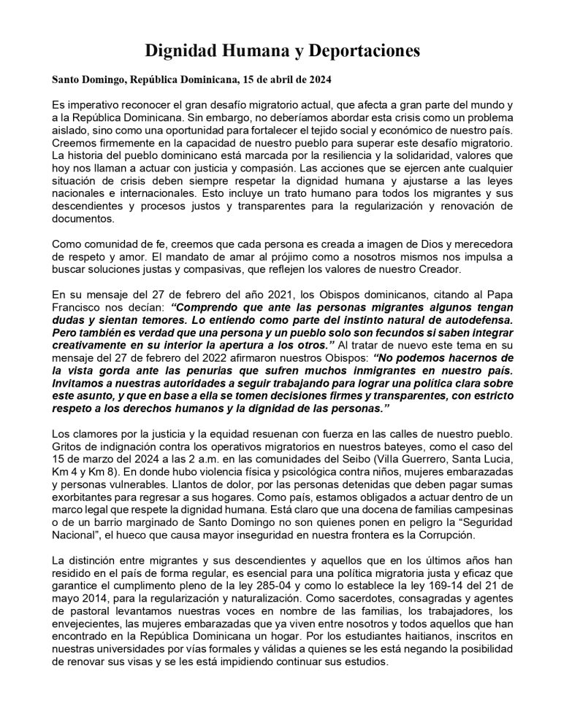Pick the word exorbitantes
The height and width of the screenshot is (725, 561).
coord(87,503)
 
